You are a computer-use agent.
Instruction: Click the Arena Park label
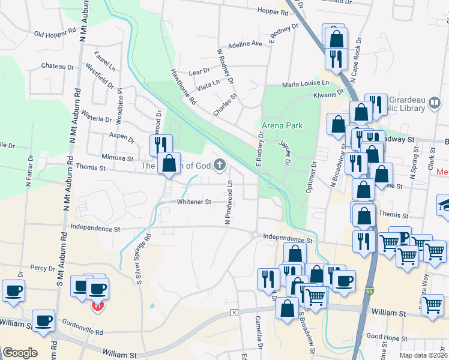point(282,125)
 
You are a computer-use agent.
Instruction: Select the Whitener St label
point(194,202)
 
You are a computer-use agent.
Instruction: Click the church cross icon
point(220,164)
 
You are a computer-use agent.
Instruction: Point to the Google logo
point(20,353)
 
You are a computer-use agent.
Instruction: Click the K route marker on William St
point(234,313)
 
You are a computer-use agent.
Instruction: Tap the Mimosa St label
point(117,158)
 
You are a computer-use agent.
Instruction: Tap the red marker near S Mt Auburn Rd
point(98,306)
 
